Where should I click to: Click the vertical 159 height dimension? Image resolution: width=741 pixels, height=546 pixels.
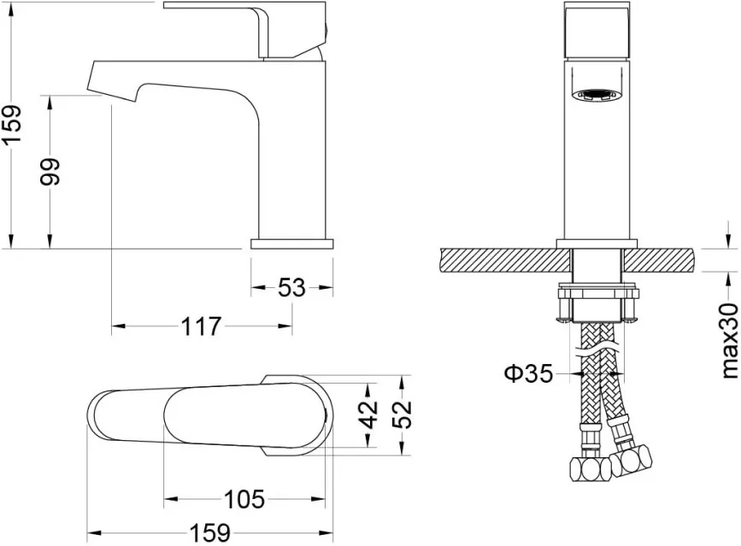click(11, 124)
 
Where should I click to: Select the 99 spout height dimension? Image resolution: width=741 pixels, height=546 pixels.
click(50, 172)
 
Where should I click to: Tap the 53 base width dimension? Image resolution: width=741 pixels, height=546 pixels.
click(291, 287)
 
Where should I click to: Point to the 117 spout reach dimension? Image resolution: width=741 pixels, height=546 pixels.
click(202, 326)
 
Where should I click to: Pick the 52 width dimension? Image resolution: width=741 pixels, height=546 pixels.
click(403, 414)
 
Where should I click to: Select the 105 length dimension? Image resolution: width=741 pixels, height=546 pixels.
click(244, 499)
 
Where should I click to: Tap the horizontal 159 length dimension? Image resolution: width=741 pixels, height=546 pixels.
click(210, 533)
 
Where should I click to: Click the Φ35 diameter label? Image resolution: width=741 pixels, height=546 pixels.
click(528, 373)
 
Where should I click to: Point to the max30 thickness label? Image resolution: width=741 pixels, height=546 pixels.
click(730, 341)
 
